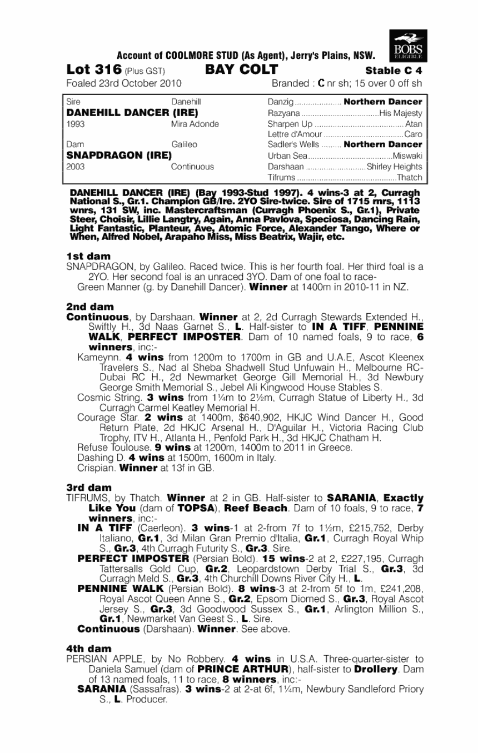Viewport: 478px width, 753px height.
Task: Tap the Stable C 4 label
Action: coord(394,71)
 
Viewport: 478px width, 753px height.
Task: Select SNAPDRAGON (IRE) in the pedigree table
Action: coord(118,155)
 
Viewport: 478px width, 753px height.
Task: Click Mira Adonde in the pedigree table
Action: coord(195,123)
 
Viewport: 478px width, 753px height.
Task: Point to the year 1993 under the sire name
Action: coord(74,123)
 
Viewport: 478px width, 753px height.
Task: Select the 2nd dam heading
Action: coord(89,307)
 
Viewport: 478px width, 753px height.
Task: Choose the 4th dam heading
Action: coord(88,648)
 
